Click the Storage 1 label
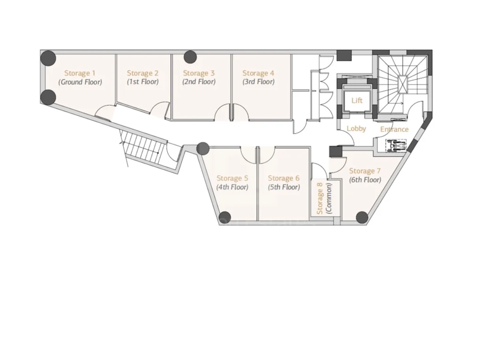pyautogui.click(x=80, y=74)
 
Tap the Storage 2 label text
pyautogui.click(x=142, y=74)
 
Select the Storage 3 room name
pyautogui.click(x=199, y=74)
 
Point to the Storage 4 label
pyautogui.click(x=258, y=74)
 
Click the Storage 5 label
pyautogui.click(x=232, y=179)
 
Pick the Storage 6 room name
pyautogui.click(x=284, y=179)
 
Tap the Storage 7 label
pyautogui.click(x=365, y=171)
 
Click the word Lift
pyautogui.click(x=357, y=100)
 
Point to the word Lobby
pyautogui.click(x=356, y=128)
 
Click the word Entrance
pyautogui.click(x=394, y=129)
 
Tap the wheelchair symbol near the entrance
pyautogui.click(x=396, y=145)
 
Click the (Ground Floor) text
pyautogui.click(x=80, y=82)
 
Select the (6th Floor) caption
pyautogui.click(x=365, y=180)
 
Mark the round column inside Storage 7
pyautogui.click(x=362, y=217)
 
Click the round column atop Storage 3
pyautogui.click(x=190, y=57)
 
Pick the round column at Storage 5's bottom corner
pyautogui.click(x=225, y=217)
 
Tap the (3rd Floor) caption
pyautogui.click(x=258, y=82)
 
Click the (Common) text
pyautogui.click(x=329, y=198)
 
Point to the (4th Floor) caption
pyautogui.click(x=232, y=187)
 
